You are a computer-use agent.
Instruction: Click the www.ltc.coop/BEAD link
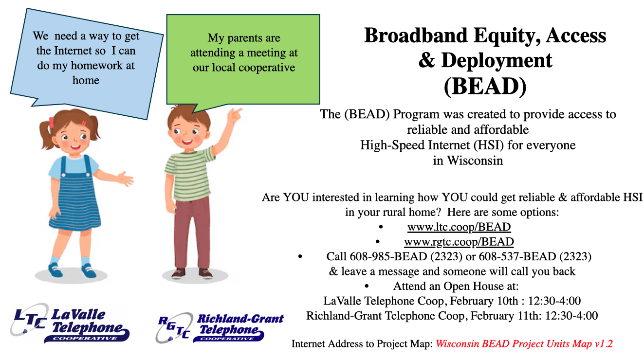tap(459, 227)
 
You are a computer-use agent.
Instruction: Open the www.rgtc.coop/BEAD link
tap(459, 241)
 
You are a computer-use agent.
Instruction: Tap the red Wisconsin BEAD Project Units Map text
tap(524, 344)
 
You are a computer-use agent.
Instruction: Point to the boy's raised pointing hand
tap(236, 114)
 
